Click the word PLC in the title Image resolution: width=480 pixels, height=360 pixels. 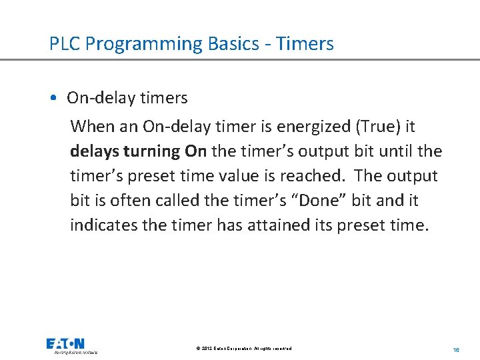(65, 44)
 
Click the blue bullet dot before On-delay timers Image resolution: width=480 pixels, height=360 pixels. (53, 99)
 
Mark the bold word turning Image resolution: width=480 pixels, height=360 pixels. (151, 151)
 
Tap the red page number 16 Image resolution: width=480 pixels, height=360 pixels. (456, 349)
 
